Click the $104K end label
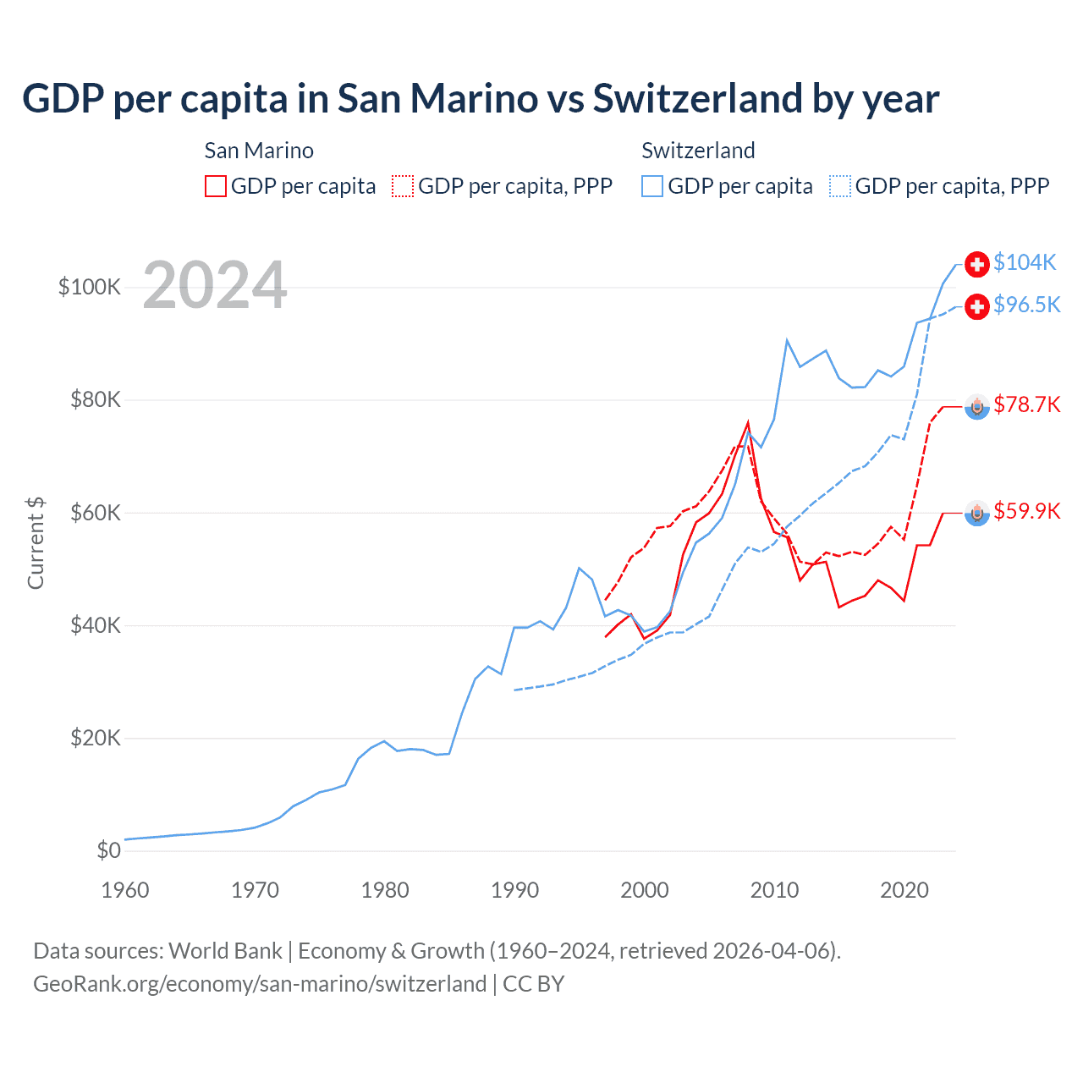1025,263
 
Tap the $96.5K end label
1026,305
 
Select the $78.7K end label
1026,404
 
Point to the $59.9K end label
1026,511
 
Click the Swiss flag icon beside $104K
977,264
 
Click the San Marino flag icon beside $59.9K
977,513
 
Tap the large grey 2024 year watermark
215,286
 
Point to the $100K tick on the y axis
90,287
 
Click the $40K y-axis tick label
96,625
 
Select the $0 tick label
108,850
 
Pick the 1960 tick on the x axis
125,890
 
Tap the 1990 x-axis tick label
514,890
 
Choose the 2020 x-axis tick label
904,890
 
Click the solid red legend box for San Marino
216,186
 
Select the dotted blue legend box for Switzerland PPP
840,186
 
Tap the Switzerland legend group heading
698,151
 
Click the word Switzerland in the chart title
697,99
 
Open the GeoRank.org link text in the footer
260,984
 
